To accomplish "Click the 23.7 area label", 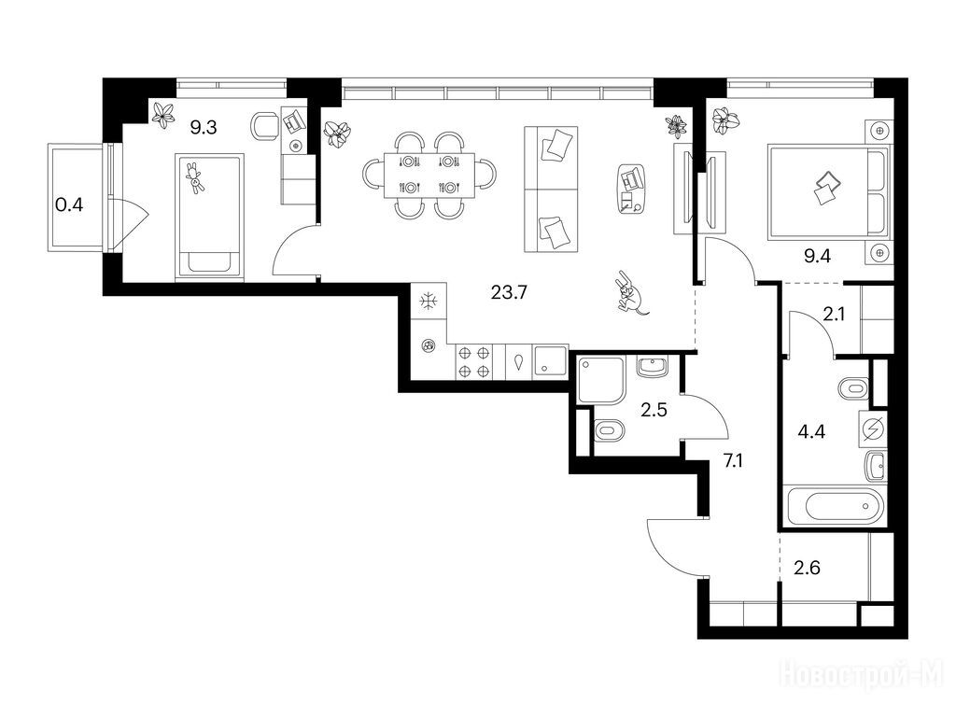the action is coord(509,292).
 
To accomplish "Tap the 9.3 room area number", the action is coord(203,127).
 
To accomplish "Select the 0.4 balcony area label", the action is coord(69,204).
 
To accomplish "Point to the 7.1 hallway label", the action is coord(733,461).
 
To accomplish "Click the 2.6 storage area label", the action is coord(807,568).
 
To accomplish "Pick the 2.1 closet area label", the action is coord(834,314).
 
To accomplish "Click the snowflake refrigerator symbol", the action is coord(429,301).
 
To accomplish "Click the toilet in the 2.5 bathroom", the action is coord(609,431).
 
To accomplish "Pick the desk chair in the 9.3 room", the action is coord(264,126).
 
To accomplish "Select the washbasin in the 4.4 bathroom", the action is coord(875,468).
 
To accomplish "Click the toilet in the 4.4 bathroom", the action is coord(853,388).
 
